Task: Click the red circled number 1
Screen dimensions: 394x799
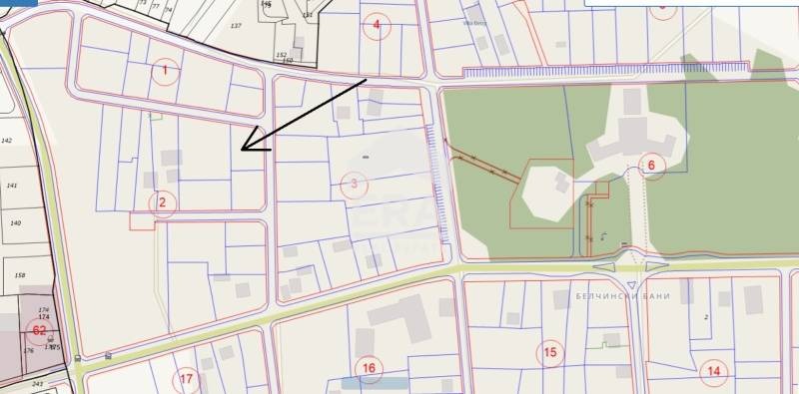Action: point(166,70)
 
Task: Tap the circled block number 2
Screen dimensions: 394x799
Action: point(163,203)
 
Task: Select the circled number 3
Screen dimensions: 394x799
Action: point(354,184)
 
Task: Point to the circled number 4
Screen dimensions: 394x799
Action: point(377,26)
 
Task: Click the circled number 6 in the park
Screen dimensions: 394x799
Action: point(651,166)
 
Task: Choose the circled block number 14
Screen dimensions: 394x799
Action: point(713,371)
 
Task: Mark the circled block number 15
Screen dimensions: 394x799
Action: point(549,352)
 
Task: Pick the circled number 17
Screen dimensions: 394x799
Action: point(186,380)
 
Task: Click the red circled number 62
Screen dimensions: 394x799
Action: point(39,330)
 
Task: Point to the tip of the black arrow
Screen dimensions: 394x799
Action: point(243,150)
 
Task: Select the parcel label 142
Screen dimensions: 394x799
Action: point(7,142)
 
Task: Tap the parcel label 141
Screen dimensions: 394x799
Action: point(12,186)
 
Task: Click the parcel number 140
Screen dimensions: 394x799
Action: point(15,223)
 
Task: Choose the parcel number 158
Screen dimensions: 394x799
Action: point(19,274)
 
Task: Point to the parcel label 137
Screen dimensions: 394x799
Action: point(236,25)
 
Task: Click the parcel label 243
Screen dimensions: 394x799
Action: point(38,383)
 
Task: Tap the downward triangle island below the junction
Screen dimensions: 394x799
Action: point(631,286)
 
